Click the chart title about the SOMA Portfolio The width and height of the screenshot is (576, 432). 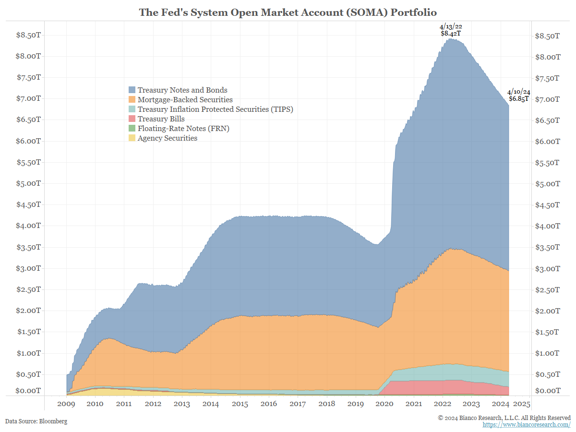point(288,12)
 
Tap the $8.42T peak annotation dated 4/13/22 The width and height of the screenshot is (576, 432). point(451,30)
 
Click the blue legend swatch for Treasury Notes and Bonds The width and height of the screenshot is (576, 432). point(132,90)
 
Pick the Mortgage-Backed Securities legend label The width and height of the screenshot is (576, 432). point(185,100)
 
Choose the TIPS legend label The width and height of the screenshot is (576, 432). point(215,109)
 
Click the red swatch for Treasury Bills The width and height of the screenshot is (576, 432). point(132,119)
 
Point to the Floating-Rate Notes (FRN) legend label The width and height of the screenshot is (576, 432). point(183,129)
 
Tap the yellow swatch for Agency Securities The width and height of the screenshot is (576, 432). point(132,138)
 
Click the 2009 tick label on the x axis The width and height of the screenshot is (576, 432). point(66,404)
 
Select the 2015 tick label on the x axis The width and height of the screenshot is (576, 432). point(240,404)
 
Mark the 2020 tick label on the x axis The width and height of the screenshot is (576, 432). point(384,404)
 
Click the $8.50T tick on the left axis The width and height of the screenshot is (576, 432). point(28,35)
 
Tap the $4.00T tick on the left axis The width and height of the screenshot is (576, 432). point(28,226)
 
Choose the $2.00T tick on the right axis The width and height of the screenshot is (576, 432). point(547,311)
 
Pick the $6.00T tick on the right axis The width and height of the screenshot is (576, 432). point(547,141)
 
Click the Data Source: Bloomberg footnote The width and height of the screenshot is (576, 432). point(36,421)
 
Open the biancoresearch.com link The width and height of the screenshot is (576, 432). point(526,425)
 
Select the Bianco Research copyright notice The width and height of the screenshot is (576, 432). point(504,418)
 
